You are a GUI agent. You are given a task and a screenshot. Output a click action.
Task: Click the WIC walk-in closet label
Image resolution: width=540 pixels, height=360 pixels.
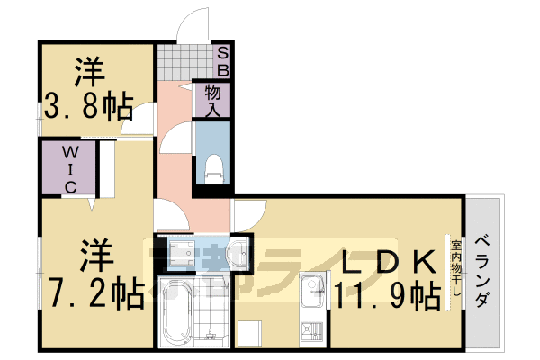pos(68,169)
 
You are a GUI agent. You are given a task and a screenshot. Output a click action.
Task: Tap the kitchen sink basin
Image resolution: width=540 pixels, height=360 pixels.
pos(312,291)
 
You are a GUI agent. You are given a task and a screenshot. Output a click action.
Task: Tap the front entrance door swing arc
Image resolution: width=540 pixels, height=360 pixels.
pos(192,25)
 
